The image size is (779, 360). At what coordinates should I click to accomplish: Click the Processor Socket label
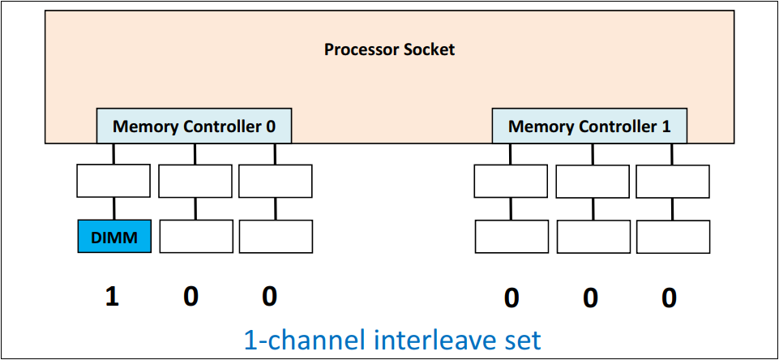(x=389, y=49)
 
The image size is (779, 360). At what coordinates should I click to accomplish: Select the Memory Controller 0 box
(x=194, y=126)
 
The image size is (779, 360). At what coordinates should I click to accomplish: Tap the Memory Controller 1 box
(x=589, y=126)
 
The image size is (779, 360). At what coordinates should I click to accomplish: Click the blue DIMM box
(x=113, y=236)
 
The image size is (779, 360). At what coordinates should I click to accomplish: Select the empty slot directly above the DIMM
(x=113, y=181)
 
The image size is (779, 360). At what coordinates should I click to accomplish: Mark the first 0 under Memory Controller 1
(x=511, y=298)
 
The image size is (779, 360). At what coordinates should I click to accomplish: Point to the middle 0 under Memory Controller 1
(x=590, y=298)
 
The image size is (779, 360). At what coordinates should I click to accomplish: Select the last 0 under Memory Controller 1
(x=669, y=298)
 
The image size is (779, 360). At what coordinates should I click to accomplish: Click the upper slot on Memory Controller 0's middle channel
(x=195, y=181)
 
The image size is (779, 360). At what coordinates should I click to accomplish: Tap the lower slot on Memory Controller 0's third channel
(x=276, y=236)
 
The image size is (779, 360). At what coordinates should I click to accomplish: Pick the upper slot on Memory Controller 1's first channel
(x=511, y=181)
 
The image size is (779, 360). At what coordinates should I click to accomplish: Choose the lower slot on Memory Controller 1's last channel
(x=672, y=236)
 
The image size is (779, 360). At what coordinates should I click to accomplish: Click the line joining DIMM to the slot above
(x=113, y=208)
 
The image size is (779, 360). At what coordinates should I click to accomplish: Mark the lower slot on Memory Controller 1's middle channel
(x=593, y=236)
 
